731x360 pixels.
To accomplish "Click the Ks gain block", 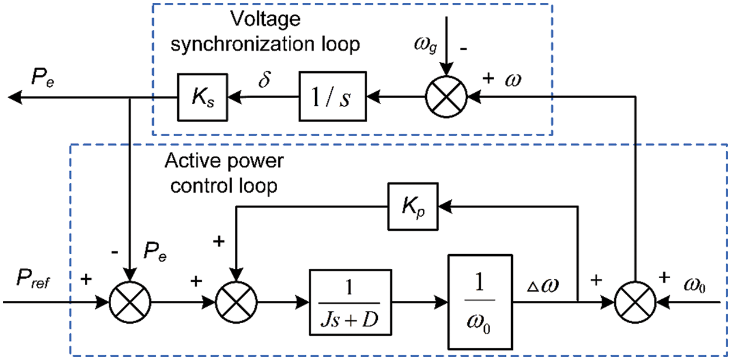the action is (x=203, y=97).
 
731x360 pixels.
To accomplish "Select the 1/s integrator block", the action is (x=333, y=96).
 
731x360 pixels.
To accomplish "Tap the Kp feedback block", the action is (x=413, y=207).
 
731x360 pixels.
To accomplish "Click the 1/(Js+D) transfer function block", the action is (x=350, y=302).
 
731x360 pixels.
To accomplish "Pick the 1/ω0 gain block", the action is (x=480, y=302).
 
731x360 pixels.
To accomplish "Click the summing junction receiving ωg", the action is (x=446, y=97).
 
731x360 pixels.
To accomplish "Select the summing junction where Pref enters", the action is (x=130, y=302).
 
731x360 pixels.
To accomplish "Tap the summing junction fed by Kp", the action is (x=236, y=302).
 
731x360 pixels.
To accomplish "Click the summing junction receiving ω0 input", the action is (x=635, y=302).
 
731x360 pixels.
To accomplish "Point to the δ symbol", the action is (x=264, y=79).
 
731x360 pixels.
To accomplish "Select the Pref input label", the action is (x=33, y=279).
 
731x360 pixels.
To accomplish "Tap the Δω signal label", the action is (x=543, y=285).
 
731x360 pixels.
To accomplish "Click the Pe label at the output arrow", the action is (x=43, y=78).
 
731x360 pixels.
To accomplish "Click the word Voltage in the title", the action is (x=265, y=19).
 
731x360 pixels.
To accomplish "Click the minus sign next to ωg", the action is (x=463, y=49).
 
